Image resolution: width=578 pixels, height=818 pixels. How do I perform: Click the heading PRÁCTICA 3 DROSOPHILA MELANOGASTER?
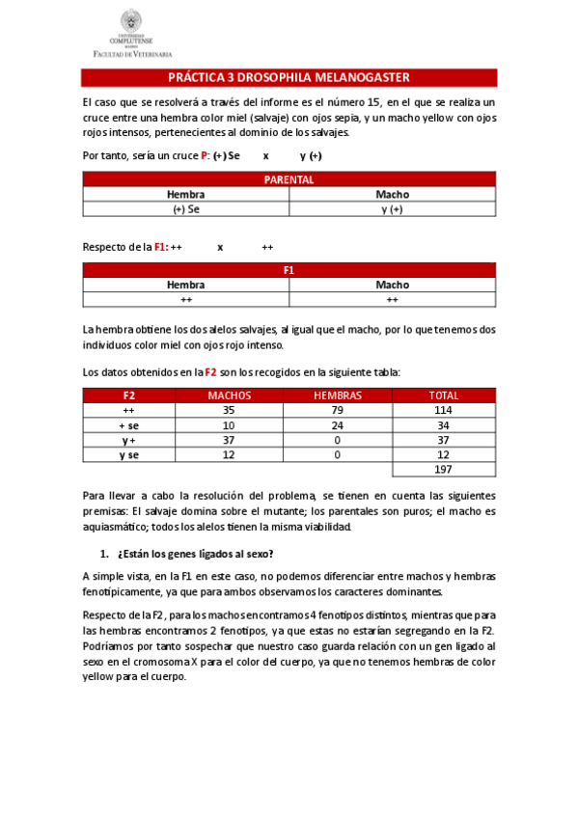click(289, 77)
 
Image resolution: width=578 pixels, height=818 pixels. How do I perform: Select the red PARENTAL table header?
click(289, 179)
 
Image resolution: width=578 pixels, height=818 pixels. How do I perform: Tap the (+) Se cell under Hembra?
click(186, 208)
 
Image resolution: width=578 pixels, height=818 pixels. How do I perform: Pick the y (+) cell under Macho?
click(392, 208)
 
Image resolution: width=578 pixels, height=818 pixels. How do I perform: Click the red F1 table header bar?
click(289, 270)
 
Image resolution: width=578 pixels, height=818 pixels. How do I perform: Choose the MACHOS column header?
click(229, 395)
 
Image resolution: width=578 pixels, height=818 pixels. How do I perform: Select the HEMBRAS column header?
click(337, 395)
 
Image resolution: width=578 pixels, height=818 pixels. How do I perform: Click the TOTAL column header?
click(443, 395)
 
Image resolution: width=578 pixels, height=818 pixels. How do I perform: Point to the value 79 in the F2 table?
click(337, 410)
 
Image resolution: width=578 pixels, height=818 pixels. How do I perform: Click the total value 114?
click(443, 410)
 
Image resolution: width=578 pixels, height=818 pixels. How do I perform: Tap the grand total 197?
click(443, 470)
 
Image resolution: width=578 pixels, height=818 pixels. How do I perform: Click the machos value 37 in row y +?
click(229, 440)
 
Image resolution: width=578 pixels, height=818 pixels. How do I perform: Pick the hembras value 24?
click(337, 424)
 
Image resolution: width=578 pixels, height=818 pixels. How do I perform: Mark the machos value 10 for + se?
click(229, 424)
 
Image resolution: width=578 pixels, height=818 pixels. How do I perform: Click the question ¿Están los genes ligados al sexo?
click(194, 554)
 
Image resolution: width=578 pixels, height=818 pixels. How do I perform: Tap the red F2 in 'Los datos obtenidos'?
click(209, 371)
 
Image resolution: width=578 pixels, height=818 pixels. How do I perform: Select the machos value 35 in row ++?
click(229, 410)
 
